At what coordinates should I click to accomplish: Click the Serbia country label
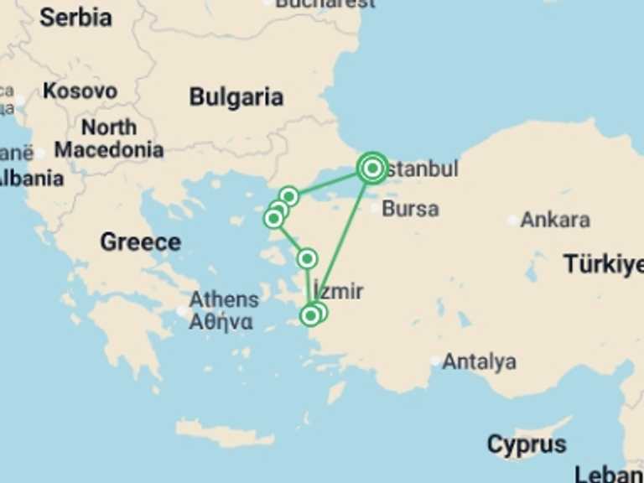[x=75, y=16]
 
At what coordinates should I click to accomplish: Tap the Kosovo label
[x=80, y=91]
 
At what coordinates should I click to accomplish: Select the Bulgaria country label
[x=236, y=96]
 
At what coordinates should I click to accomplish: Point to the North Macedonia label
[x=109, y=139]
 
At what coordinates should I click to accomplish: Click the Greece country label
[x=140, y=242]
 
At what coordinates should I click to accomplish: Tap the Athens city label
[x=223, y=299]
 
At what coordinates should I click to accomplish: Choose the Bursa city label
[x=410, y=208]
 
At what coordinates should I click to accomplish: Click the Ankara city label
[x=555, y=220]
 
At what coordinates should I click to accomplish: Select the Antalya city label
[x=479, y=362]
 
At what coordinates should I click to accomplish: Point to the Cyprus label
[x=527, y=444]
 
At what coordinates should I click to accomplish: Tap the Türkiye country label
[x=603, y=264]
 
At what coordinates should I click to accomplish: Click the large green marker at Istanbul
[x=372, y=169]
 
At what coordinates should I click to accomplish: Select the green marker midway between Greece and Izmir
[x=308, y=258]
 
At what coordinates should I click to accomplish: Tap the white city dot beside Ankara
[x=512, y=221]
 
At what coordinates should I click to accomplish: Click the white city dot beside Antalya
[x=434, y=361]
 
